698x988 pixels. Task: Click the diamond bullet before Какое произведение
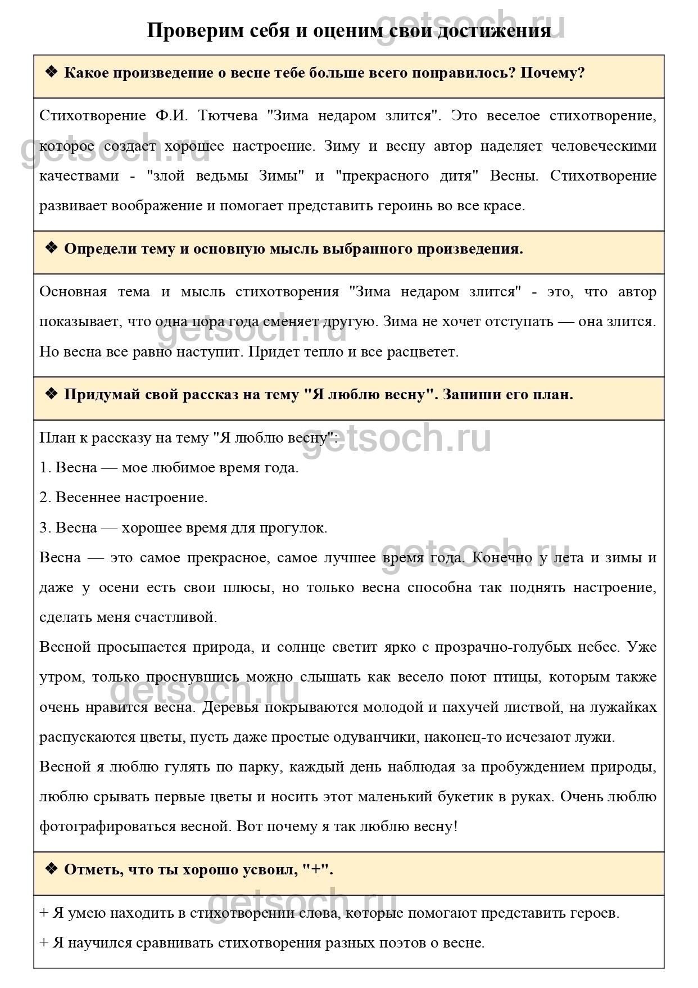[51, 72]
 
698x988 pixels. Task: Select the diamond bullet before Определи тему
[51, 248]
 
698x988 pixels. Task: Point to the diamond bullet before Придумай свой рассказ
[51, 394]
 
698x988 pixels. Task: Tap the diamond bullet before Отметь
[51, 869]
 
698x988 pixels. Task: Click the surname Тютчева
[228, 116]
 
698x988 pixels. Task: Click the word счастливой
[176, 617]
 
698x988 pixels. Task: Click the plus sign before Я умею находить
[44, 913]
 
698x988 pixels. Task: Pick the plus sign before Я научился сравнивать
[44, 943]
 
